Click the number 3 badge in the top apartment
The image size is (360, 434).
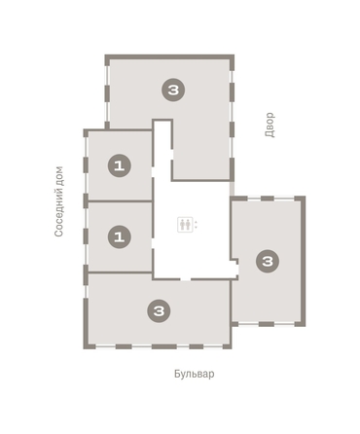point(173,90)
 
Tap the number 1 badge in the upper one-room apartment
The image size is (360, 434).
point(119,165)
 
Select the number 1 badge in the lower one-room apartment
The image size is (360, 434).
point(119,235)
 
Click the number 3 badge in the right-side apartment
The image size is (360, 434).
point(268,260)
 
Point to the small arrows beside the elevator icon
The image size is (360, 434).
point(195,224)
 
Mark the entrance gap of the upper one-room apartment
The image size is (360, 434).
point(153,175)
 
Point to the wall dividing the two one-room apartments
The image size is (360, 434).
point(119,201)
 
